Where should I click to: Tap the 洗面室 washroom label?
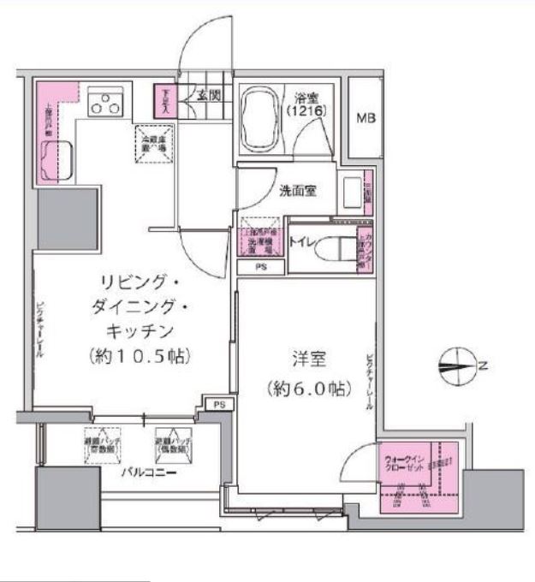click(298, 191)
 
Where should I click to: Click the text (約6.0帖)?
click(307, 389)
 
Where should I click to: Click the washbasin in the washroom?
click(352, 193)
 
